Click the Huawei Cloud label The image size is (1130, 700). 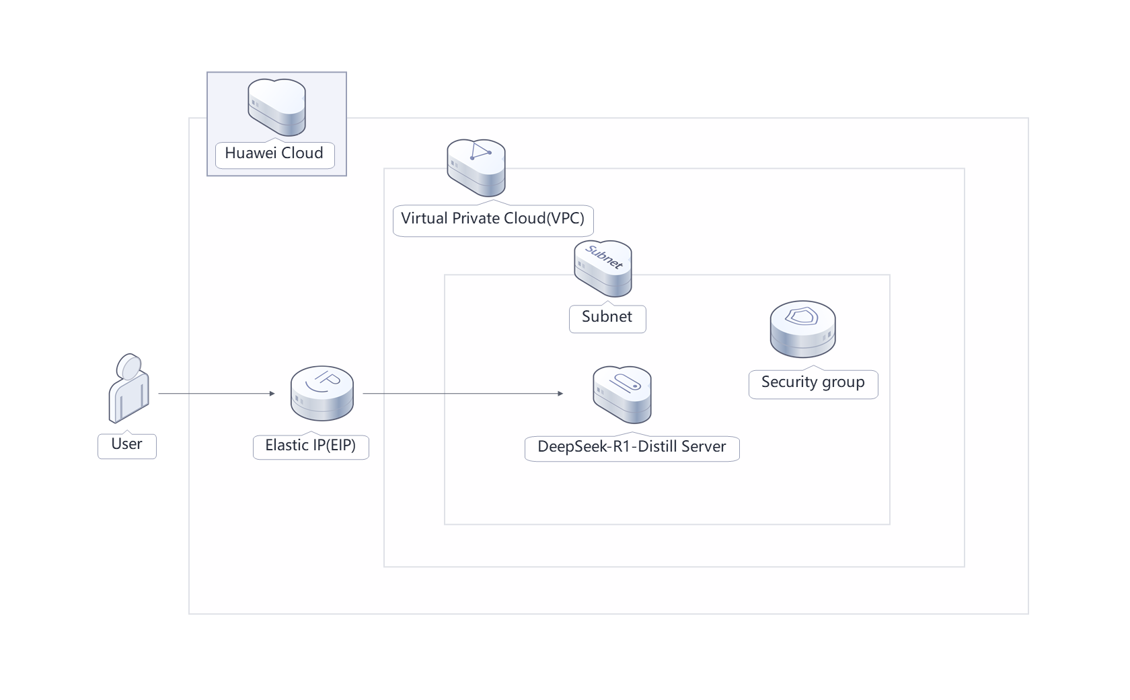[274, 153]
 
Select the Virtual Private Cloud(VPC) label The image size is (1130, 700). [492, 219]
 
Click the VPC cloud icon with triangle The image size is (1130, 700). [476, 168]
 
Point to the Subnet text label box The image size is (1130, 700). [607, 317]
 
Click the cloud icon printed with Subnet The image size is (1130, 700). [603, 269]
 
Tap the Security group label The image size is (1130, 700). [813, 382]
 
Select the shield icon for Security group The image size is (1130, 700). [802, 328]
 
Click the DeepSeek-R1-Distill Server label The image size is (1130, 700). [632, 447]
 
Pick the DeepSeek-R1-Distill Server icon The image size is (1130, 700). [622, 395]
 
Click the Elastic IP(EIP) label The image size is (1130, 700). [311, 446]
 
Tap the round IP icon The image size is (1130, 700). [322, 393]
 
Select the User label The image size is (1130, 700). [127, 444]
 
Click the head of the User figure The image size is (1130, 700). [129, 367]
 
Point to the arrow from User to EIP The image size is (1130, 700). [215, 393]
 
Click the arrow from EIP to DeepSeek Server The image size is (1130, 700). [464, 393]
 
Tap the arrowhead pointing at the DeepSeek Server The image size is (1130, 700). [560, 393]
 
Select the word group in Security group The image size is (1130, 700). [843, 382]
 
